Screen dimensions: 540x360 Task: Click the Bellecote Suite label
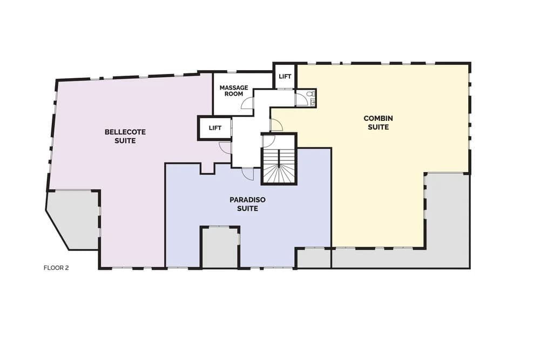point(125,137)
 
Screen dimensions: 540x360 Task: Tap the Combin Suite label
point(378,123)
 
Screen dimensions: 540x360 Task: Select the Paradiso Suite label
point(248,204)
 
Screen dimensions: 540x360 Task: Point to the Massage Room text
point(234,91)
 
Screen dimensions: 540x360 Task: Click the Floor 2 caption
point(56,268)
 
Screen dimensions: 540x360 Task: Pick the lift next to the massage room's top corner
point(285,77)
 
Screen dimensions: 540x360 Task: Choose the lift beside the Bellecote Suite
point(215,128)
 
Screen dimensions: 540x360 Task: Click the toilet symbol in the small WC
point(312,93)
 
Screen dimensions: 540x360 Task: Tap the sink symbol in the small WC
point(313,101)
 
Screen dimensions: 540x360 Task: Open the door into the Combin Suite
point(276,125)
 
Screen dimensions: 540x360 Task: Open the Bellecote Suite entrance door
point(225,147)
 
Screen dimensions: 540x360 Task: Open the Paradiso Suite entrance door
point(248,173)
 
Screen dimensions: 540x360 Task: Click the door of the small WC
point(301,99)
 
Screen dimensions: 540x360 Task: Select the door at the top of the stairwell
point(268,141)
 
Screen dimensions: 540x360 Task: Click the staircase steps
point(279,166)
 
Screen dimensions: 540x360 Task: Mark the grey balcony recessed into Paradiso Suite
point(220,247)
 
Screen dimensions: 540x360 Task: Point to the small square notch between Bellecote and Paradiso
point(208,168)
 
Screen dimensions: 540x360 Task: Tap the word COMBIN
point(378,118)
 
